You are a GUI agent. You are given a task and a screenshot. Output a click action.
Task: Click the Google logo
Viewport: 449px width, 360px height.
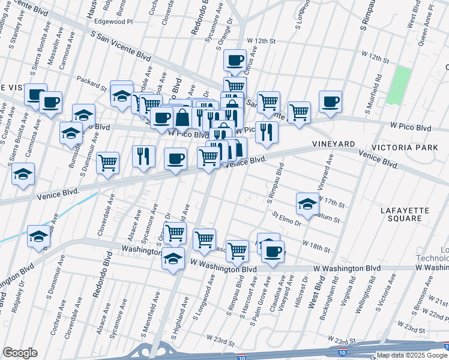pyautogui.click(x=20, y=353)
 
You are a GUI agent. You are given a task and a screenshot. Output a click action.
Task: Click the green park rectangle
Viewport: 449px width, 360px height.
pyautogui.click(x=399, y=85)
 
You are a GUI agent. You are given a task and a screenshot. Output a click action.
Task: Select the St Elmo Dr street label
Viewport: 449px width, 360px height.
pyautogui.click(x=286, y=218)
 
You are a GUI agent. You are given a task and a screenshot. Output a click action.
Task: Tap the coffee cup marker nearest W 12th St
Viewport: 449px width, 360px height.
pyautogui.click(x=235, y=60)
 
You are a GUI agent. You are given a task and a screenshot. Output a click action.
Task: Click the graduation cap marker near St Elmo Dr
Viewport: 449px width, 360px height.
pyautogui.click(x=307, y=203)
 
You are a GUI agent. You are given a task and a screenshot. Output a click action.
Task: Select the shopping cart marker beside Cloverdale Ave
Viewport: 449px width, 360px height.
pyautogui.click(x=107, y=163)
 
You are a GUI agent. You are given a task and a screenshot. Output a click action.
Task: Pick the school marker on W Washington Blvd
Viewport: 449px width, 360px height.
pyautogui.click(x=173, y=259)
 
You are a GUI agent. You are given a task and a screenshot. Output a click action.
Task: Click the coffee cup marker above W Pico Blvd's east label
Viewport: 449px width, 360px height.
pyautogui.click(x=330, y=101)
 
